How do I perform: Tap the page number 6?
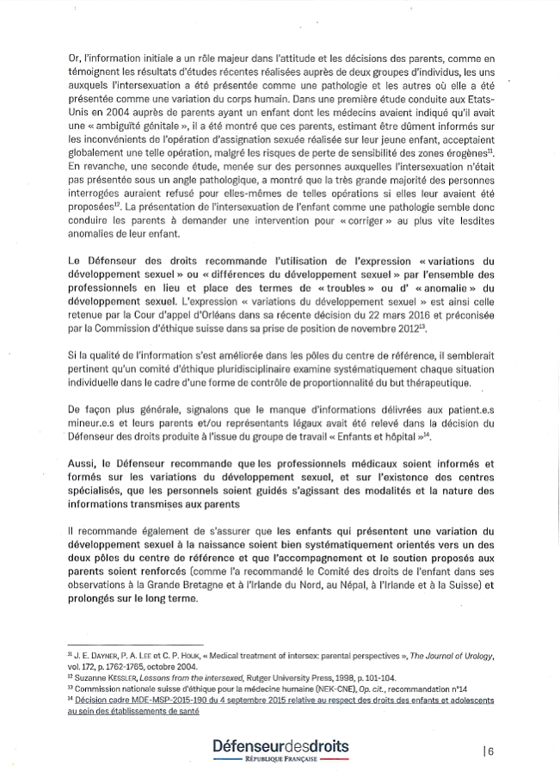pos(489,750)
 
